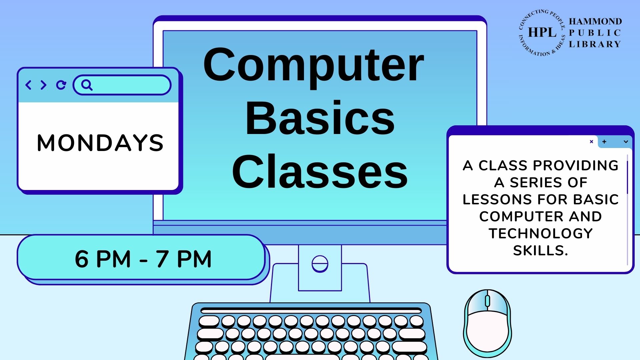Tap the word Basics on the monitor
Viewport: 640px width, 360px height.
[x=320, y=118]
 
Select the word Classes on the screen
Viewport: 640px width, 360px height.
[x=320, y=171]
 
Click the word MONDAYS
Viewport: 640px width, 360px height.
[x=100, y=143]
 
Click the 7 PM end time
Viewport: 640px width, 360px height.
[x=183, y=259]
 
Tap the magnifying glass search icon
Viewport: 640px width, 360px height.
[x=87, y=85]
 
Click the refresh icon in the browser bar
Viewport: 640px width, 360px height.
[x=61, y=85]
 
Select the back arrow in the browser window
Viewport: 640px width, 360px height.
[x=28, y=85]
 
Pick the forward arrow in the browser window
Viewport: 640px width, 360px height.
[x=43, y=85]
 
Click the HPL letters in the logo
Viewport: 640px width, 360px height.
[x=542, y=32]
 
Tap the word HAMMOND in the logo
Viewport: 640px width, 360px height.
[x=595, y=21]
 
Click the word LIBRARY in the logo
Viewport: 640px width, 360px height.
[x=595, y=44]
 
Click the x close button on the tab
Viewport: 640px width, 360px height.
[x=591, y=142]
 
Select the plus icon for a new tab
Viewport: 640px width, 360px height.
[x=604, y=142]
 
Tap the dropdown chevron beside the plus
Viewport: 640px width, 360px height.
[x=626, y=142]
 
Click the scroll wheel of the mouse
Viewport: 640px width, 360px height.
[x=487, y=301]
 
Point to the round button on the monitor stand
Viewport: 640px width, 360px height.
[x=320, y=264]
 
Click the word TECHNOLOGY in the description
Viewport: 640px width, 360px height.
[x=541, y=233]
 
